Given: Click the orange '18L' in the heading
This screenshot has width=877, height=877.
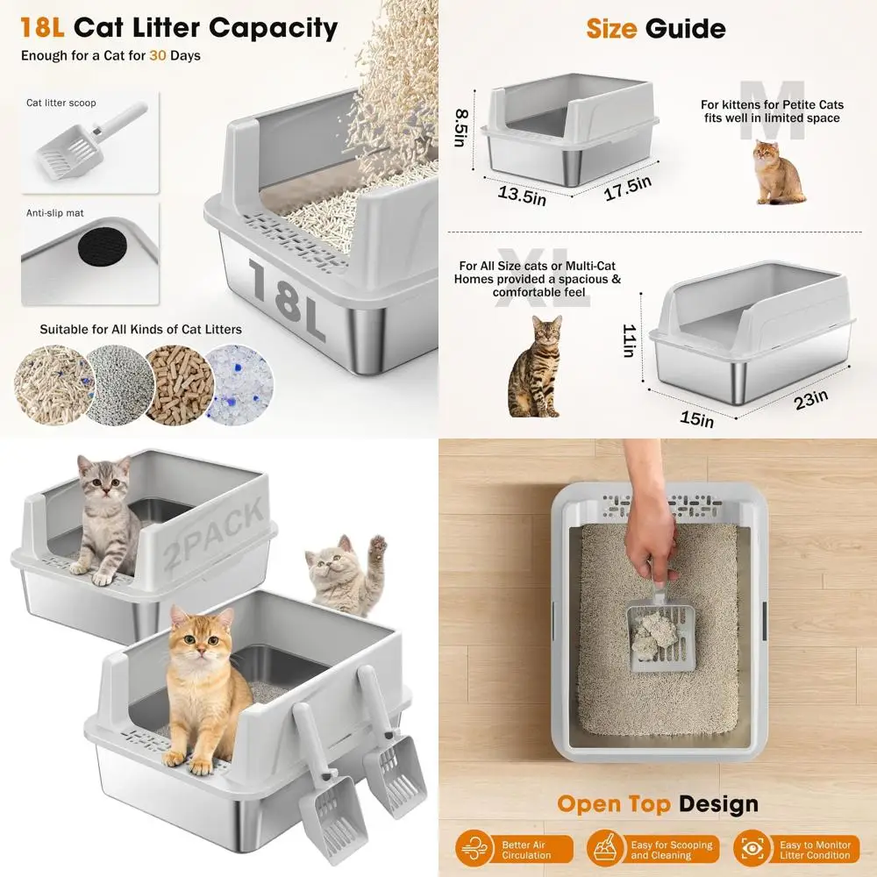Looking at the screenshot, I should click(x=42, y=27).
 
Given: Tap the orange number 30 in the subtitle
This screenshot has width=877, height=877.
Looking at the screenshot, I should click(x=158, y=55).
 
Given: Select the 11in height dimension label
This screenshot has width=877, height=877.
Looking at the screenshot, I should click(x=629, y=340).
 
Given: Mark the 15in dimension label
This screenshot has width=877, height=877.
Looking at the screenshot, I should click(x=696, y=418).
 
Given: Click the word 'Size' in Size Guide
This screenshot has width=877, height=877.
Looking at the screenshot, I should click(x=611, y=28).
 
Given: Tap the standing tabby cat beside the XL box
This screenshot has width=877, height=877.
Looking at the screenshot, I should click(x=536, y=367).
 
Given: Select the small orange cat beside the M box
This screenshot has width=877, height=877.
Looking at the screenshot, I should click(x=778, y=173).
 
